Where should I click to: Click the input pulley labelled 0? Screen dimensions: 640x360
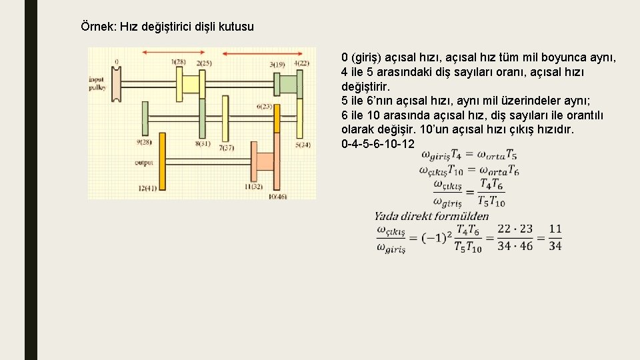click(x=116, y=84)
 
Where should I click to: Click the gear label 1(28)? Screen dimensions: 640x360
click(x=178, y=62)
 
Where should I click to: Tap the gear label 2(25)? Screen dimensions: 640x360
click(x=204, y=63)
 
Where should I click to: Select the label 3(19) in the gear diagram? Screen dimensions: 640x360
click(x=277, y=65)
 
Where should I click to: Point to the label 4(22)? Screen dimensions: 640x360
click(x=301, y=63)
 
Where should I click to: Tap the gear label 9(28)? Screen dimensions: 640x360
click(x=143, y=142)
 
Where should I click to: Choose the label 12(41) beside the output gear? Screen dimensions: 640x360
click(x=147, y=189)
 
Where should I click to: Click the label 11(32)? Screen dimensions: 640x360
click(x=253, y=187)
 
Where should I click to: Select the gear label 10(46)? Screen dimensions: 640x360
click(x=277, y=196)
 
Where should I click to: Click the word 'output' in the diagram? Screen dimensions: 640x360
click(x=144, y=162)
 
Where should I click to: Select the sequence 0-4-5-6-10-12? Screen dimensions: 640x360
click(x=377, y=144)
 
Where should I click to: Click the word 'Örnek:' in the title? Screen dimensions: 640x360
click(x=97, y=27)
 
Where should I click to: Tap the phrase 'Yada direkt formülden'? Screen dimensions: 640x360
click(x=431, y=215)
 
